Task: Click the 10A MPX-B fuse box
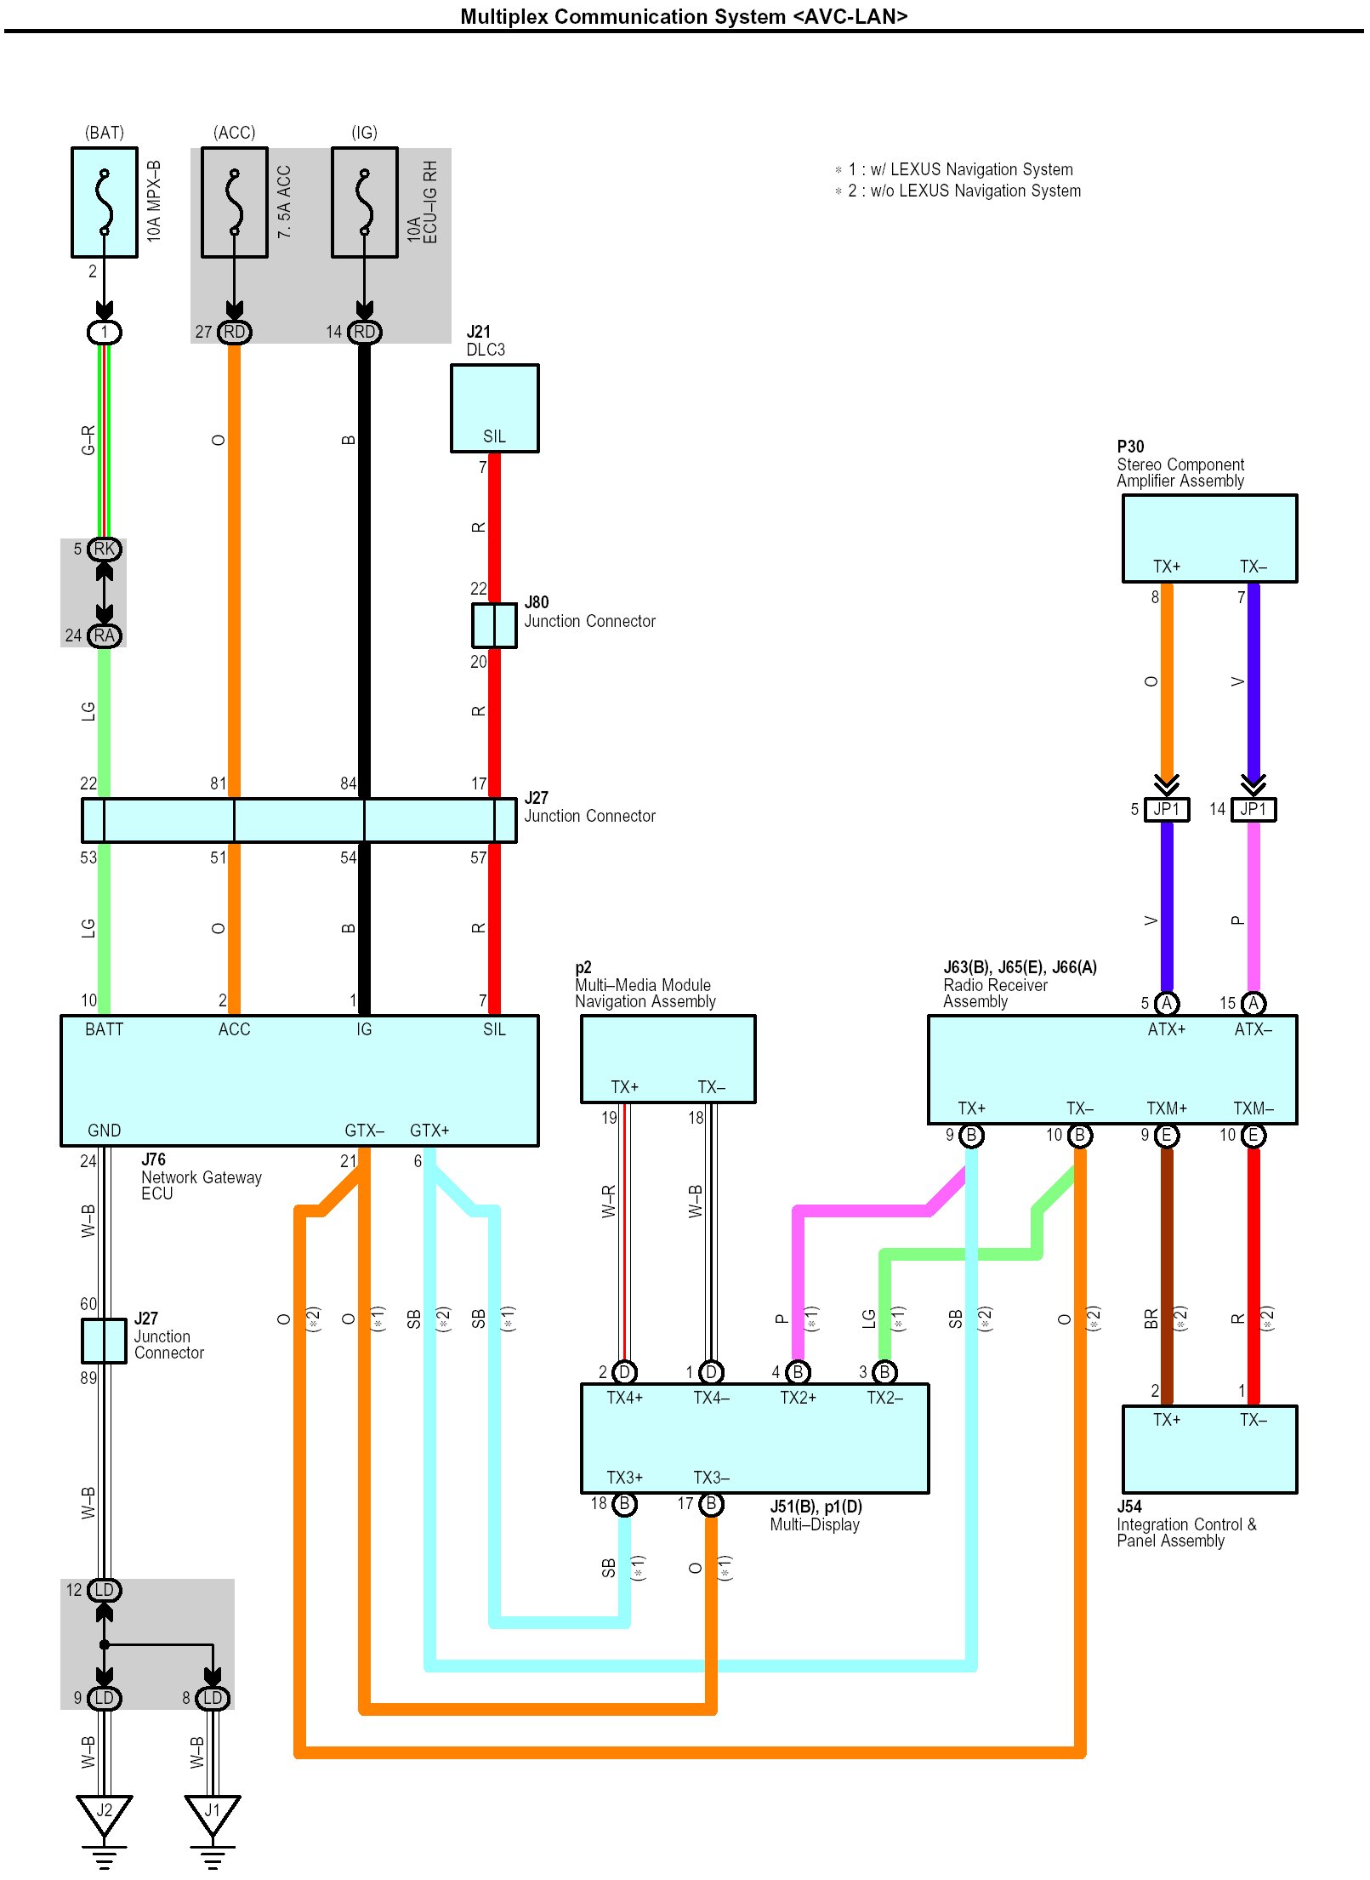point(104,202)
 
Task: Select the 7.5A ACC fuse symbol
point(234,202)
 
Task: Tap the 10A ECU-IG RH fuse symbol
point(364,202)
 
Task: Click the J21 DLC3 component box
point(494,407)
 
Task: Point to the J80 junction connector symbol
point(494,625)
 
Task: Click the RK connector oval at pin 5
point(105,550)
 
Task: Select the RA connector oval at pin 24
point(105,635)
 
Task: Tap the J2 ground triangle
point(104,1811)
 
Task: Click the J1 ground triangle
point(213,1811)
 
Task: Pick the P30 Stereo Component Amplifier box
point(1209,538)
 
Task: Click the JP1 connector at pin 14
point(1253,809)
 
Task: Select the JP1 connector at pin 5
point(1167,809)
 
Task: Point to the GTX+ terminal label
point(429,1131)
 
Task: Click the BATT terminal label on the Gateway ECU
point(104,1029)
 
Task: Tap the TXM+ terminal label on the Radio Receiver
point(1166,1108)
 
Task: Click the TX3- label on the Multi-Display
point(711,1478)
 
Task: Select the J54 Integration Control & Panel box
point(1209,1449)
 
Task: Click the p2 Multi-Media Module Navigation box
point(668,1058)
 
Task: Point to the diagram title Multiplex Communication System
point(684,16)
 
